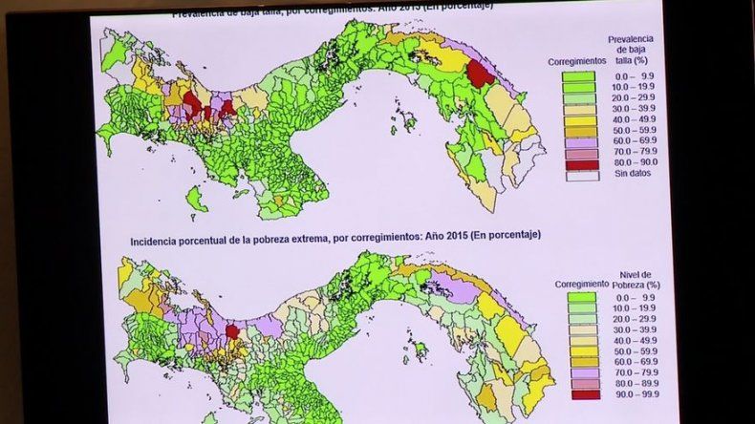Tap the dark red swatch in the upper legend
(x=578, y=163)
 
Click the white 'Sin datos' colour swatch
(x=578, y=176)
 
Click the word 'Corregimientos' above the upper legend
(x=577, y=60)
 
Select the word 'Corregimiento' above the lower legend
(x=580, y=284)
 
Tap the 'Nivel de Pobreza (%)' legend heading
(x=638, y=279)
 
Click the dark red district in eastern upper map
(x=481, y=74)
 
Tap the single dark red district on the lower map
(x=231, y=331)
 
